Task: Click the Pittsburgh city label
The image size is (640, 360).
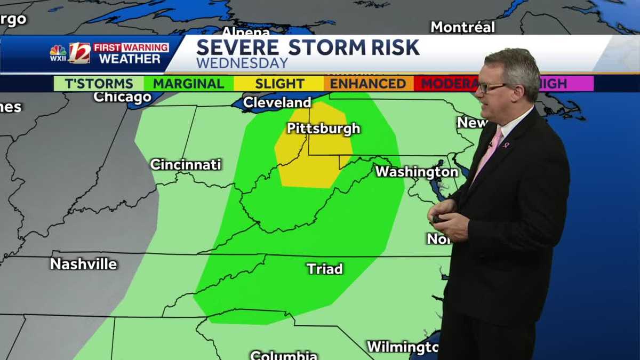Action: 323,129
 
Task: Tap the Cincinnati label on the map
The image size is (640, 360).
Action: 185,164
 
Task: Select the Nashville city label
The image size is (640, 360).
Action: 83,263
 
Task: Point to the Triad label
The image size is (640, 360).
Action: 324,269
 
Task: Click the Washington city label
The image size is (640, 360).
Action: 417,172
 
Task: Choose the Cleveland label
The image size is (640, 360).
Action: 277,102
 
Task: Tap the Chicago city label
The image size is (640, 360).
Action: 122,97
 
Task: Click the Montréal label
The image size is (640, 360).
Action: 462,27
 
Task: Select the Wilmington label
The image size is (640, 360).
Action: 402,347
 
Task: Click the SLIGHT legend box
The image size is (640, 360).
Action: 279,84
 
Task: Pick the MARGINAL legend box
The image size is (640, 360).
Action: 189,84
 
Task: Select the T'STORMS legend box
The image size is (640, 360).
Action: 99,84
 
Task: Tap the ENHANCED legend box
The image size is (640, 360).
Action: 368,84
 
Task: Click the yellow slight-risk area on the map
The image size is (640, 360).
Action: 312,160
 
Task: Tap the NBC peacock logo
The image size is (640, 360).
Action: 58,53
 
